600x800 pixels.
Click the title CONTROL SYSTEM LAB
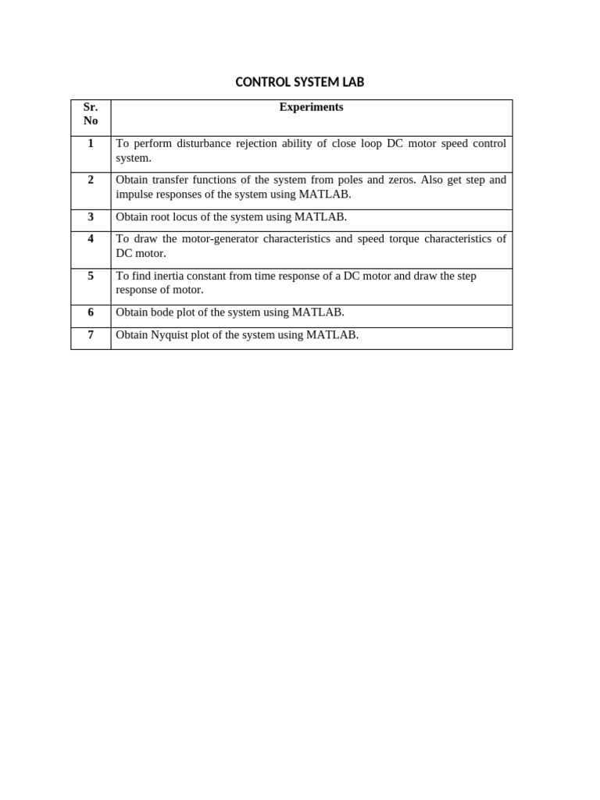(x=299, y=82)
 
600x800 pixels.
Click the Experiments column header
(x=311, y=107)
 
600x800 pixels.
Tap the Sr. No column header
(x=91, y=114)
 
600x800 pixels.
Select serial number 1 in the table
(x=91, y=143)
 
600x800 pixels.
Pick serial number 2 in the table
(x=91, y=180)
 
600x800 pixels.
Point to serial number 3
(x=91, y=216)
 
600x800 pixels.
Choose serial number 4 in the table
(x=91, y=238)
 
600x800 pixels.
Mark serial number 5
(x=91, y=275)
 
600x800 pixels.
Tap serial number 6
(x=91, y=312)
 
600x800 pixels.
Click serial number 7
(x=91, y=334)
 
